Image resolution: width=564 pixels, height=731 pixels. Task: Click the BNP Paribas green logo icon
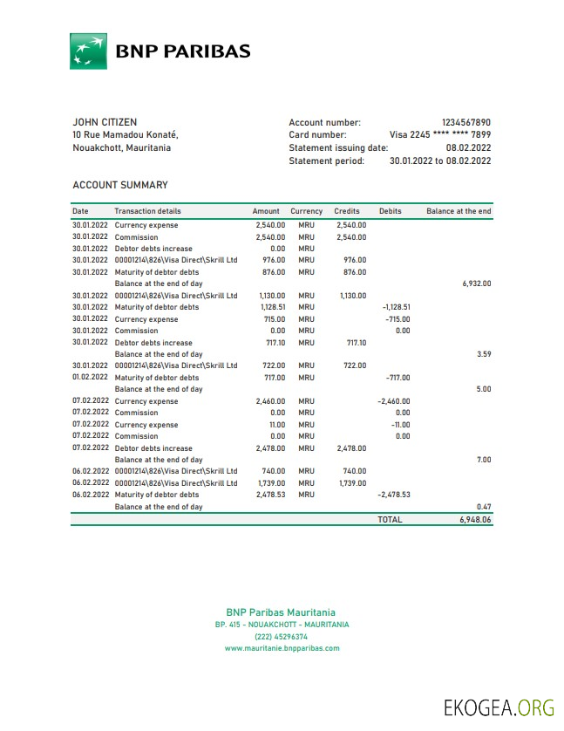pyautogui.click(x=88, y=51)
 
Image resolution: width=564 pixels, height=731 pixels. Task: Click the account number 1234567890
pyautogui.click(x=465, y=123)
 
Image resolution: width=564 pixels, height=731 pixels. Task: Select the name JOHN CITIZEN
pyautogui.click(x=105, y=122)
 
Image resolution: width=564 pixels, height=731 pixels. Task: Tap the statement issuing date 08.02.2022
pyautogui.click(x=468, y=148)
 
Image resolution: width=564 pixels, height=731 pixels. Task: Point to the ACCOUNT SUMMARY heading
pyautogui.click(x=120, y=185)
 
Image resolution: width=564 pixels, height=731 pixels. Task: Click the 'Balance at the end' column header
pyautogui.click(x=459, y=211)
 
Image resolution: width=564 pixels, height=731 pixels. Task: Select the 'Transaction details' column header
pyautogui.click(x=147, y=211)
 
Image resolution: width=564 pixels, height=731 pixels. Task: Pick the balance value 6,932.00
pyautogui.click(x=476, y=284)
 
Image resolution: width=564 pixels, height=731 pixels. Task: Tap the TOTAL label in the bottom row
pyautogui.click(x=390, y=519)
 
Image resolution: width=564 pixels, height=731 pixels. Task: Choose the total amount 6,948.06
pyautogui.click(x=475, y=519)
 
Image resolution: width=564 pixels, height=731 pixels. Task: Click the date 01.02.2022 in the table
pyautogui.click(x=90, y=378)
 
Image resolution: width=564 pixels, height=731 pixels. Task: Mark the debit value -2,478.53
pyautogui.click(x=393, y=495)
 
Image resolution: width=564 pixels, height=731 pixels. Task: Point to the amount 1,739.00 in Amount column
pyautogui.click(x=272, y=483)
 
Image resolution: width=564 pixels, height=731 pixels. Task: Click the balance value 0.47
pyautogui.click(x=484, y=507)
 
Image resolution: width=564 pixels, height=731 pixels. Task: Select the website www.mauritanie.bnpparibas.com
pyautogui.click(x=282, y=648)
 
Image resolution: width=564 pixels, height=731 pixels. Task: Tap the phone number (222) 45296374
pyautogui.click(x=282, y=637)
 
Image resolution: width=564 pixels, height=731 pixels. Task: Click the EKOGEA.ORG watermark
pyautogui.click(x=498, y=707)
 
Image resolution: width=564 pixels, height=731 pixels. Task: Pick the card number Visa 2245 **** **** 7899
pyautogui.click(x=439, y=135)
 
